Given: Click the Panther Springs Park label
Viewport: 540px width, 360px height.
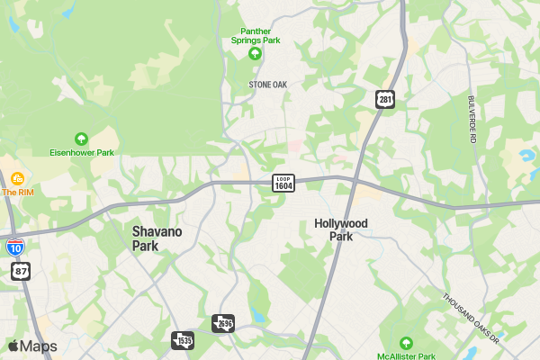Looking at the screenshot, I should [255, 34].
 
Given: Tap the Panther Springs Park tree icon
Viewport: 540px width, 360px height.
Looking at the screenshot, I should [255, 54].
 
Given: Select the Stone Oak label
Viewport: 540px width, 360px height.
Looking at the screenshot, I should [266, 84].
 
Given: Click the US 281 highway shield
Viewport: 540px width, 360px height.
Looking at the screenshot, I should [385, 99].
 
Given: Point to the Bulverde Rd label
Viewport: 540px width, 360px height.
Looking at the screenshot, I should [471, 119].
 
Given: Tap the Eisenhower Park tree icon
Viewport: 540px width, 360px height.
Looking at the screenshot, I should [82, 139].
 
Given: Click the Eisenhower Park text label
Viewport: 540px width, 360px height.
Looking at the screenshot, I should [82, 153].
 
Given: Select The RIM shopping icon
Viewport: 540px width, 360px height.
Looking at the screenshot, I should [17, 178].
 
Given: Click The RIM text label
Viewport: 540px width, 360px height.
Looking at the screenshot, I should [17, 192].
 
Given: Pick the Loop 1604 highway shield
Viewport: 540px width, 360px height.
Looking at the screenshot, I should [283, 182].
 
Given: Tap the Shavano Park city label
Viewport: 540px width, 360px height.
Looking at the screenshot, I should [157, 238].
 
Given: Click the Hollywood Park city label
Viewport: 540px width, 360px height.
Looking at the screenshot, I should [341, 229].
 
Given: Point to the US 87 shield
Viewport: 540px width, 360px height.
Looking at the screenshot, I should [21, 270].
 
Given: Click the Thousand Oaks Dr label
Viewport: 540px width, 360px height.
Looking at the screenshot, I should [471, 318].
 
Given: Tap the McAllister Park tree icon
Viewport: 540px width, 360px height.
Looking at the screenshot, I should [405, 343].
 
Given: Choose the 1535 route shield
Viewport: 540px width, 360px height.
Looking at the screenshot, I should [183, 340].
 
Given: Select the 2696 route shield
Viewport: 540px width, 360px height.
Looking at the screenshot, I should [223, 322].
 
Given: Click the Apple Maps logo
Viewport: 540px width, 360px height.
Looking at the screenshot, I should [32, 346].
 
